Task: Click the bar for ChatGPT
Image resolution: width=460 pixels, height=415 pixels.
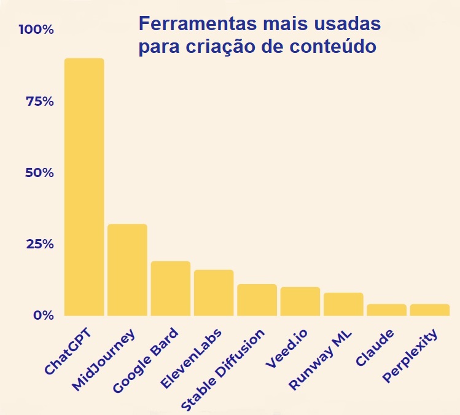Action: (84, 187)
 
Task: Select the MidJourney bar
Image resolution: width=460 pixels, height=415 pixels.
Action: (127, 270)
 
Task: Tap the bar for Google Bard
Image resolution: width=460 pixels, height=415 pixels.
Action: (170, 288)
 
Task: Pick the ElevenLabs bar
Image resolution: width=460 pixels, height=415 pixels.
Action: (214, 293)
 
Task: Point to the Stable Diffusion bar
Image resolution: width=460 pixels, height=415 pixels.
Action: (257, 300)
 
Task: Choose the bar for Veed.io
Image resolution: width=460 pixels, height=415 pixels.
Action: (300, 301)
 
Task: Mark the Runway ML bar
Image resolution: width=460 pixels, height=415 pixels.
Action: (343, 304)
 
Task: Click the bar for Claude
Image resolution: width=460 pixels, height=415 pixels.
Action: (386, 310)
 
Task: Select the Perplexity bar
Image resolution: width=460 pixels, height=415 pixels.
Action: (430, 310)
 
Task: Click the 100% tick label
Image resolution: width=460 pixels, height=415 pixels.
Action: (36, 30)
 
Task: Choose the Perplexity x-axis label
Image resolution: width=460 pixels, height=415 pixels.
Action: (410, 357)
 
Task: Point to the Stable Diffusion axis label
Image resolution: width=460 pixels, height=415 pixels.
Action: (224, 370)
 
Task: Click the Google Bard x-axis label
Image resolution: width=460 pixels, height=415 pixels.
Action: (146, 361)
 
